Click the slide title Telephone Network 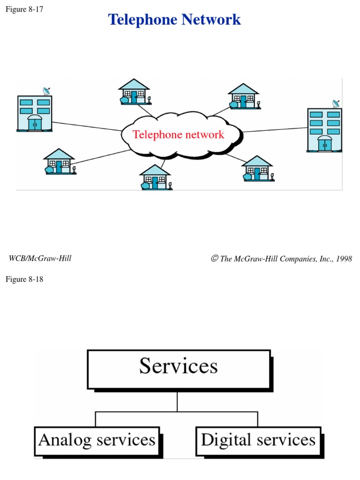pyautogui.click(x=174, y=20)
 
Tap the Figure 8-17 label pyautogui.click(x=24, y=9)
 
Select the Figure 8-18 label pyautogui.click(x=24, y=279)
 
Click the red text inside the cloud pyautogui.click(x=178, y=135)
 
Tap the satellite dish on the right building pyautogui.click(x=336, y=104)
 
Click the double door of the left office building pyautogui.click(x=35, y=123)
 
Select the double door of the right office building pyautogui.click(x=324, y=144)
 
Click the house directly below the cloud pyautogui.click(x=156, y=177)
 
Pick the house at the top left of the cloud pyautogui.click(x=134, y=91)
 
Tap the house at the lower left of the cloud pyautogui.click(x=59, y=161)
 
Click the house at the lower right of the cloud pyautogui.click(x=257, y=168)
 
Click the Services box pyautogui.click(x=179, y=369)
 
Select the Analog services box pyautogui.click(x=97, y=441)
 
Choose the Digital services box pyautogui.click(x=258, y=441)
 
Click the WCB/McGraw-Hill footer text pyautogui.click(x=40, y=258)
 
